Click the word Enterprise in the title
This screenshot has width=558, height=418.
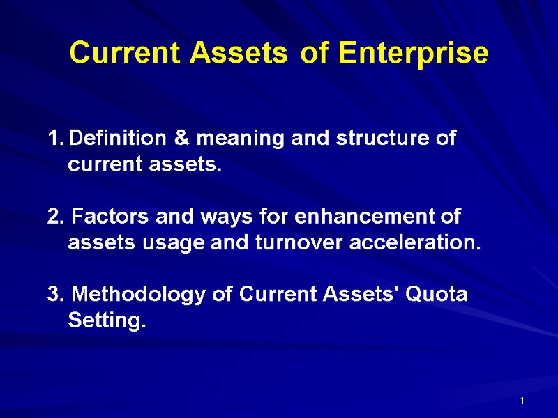click(x=414, y=54)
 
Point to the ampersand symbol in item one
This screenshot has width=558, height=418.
click(x=182, y=139)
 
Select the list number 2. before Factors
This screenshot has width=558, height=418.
click(x=55, y=217)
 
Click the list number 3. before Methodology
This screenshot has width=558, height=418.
click(x=55, y=295)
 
